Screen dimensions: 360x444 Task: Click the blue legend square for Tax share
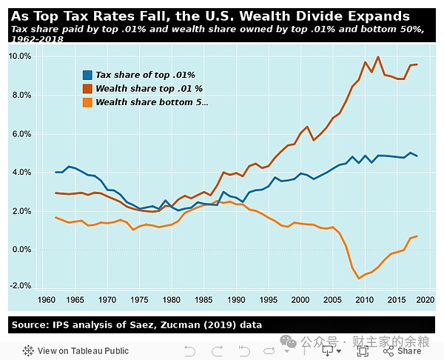pos(88,75)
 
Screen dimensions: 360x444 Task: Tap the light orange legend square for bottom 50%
pos(88,102)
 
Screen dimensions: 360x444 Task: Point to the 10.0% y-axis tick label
pos(19,56)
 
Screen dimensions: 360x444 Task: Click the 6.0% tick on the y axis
pos(21,134)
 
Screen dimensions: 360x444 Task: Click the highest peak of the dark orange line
pos(379,56)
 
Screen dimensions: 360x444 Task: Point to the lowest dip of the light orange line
pos(359,279)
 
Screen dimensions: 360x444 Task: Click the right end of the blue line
pos(417,156)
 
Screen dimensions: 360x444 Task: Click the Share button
pos(409,350)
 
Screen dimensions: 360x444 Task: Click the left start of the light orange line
pos(56,217)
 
